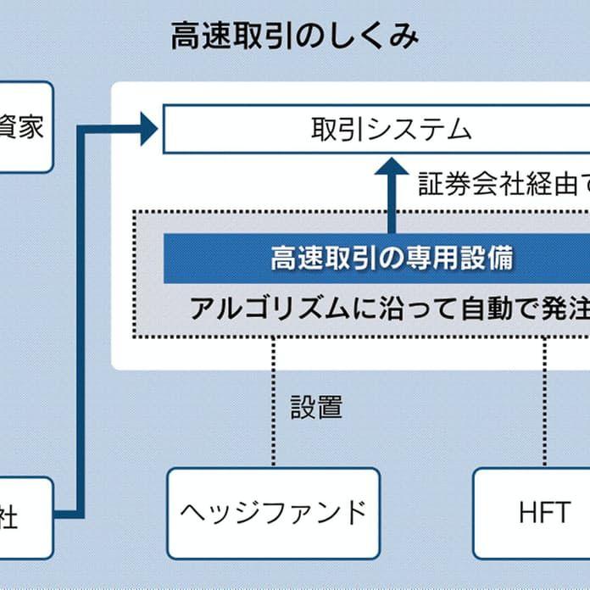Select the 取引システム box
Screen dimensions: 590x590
point(376,130)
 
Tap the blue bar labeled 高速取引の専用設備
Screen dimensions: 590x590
point(376,259)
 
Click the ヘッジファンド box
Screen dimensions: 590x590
point(273,513)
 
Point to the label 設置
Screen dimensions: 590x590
point(316,407)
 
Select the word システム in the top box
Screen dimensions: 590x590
point(424,130)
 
